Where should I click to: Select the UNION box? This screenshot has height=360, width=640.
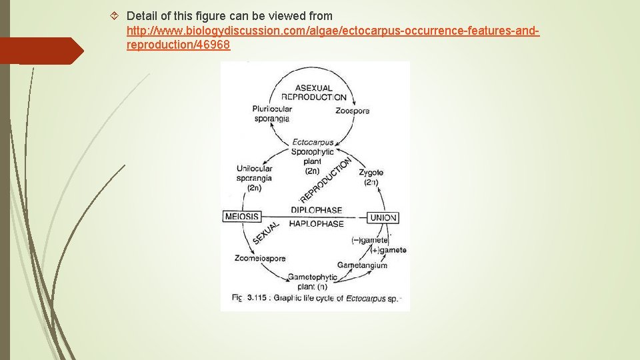(383, 217)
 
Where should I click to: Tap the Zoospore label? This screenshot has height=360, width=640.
(352, 111)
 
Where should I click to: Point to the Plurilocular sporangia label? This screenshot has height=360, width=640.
(271, 114)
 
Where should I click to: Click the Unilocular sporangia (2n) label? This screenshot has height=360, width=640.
(254, 178)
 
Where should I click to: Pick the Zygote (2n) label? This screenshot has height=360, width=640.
(371, 177)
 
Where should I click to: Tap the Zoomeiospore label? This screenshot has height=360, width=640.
(260, 259)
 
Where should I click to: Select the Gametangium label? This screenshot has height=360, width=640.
(362, 265)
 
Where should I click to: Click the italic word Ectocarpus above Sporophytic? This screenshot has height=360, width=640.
(313, 142)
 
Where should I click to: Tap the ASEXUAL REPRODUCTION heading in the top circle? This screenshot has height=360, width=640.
(313, 92)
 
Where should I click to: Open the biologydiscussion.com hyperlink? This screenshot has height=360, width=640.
(333, 31)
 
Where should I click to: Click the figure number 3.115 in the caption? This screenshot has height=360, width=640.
(257, 298)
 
